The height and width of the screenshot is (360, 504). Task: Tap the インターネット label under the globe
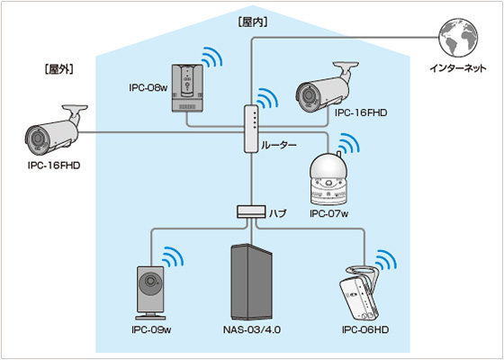coord(458,68)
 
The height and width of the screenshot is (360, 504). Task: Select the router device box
coord(251,129)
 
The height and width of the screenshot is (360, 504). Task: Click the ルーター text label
coord(278,145)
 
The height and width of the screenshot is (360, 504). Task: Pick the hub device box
coord(251,211)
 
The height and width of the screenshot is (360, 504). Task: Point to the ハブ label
coord(277,212)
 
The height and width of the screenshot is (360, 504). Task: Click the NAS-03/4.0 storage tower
coord(251,283)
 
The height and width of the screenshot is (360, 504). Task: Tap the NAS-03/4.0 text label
coord(252,330)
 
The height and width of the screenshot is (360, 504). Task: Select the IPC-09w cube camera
coord(150,292)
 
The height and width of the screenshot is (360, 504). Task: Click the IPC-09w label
coord(151,330)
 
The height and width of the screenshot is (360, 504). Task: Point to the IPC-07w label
coord(329,214)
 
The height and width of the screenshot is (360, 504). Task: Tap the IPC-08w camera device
coord(187,88)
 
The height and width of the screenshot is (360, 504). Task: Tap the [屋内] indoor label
coord(253,23)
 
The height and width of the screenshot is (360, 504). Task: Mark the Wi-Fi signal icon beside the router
coord(265,98)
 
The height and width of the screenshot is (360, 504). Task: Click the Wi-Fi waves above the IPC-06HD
coord(385,260)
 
